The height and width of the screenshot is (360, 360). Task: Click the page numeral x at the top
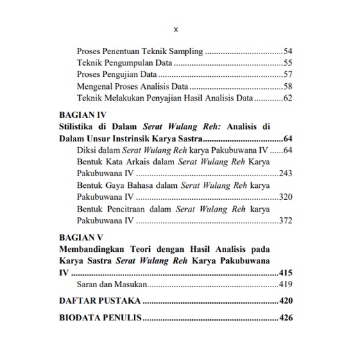point(175,30)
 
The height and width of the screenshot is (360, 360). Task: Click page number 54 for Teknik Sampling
point(288,52)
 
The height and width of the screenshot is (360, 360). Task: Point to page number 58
point(288,87)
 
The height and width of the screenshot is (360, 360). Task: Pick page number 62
point(288,99)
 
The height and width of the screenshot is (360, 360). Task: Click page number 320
point(285,198)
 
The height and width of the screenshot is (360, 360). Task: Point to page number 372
point(285,221)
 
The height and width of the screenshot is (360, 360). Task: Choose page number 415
point(285,273)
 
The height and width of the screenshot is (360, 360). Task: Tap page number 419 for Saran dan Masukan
point(285,284)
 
